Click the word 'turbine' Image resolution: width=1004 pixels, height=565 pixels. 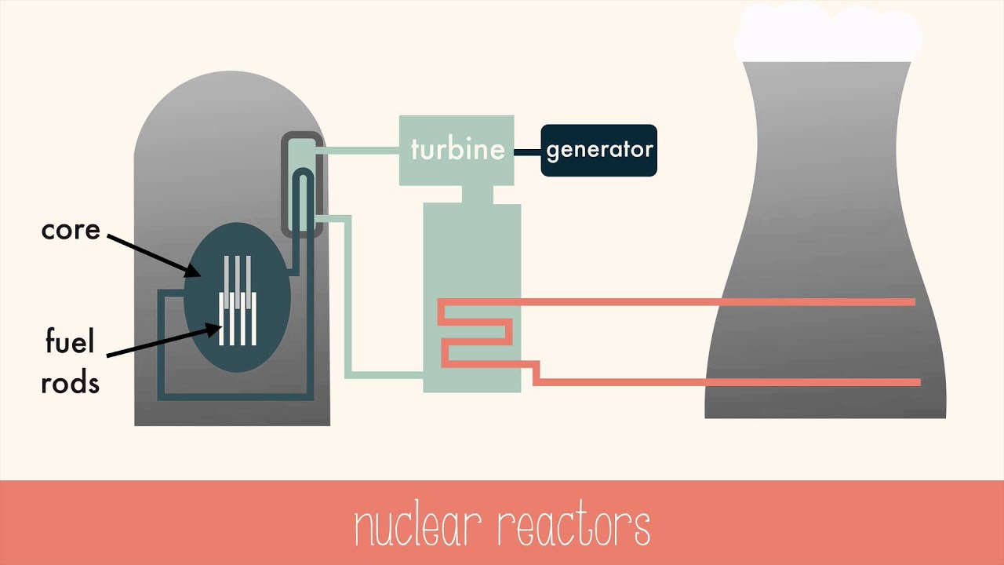[x=457, y=149]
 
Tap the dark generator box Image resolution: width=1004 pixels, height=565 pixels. [x=598, y=150]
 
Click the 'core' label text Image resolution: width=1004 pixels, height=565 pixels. [x=71, y=230]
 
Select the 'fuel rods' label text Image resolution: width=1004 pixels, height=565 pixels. [x=71, y=363]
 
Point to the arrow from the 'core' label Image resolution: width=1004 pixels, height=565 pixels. [x=153, y=253]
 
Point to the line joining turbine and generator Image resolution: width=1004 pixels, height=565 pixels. [x=527, y=151]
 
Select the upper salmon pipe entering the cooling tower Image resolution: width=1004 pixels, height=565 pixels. [x=706, y=302]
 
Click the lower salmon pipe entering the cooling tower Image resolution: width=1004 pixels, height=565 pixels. [x=729, y=382]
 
